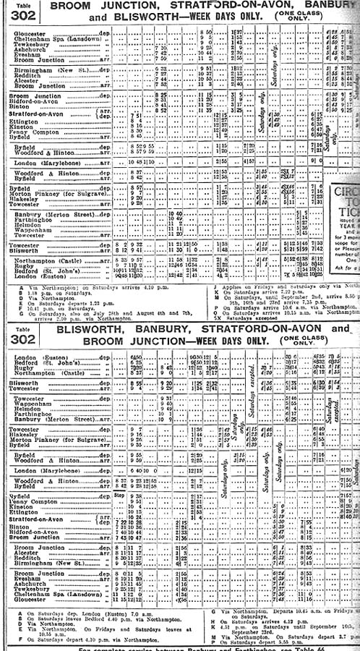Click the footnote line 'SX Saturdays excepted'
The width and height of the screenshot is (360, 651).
[246, 316]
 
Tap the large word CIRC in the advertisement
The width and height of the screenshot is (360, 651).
[346, 192]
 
